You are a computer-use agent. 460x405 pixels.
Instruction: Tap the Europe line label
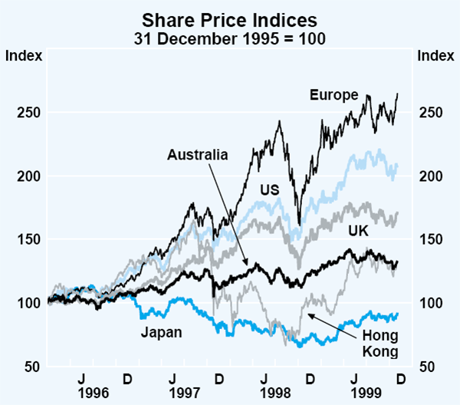(334, 95)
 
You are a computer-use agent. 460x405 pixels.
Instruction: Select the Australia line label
(197, 155)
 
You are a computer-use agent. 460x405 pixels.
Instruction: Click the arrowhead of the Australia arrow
(246, 265)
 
